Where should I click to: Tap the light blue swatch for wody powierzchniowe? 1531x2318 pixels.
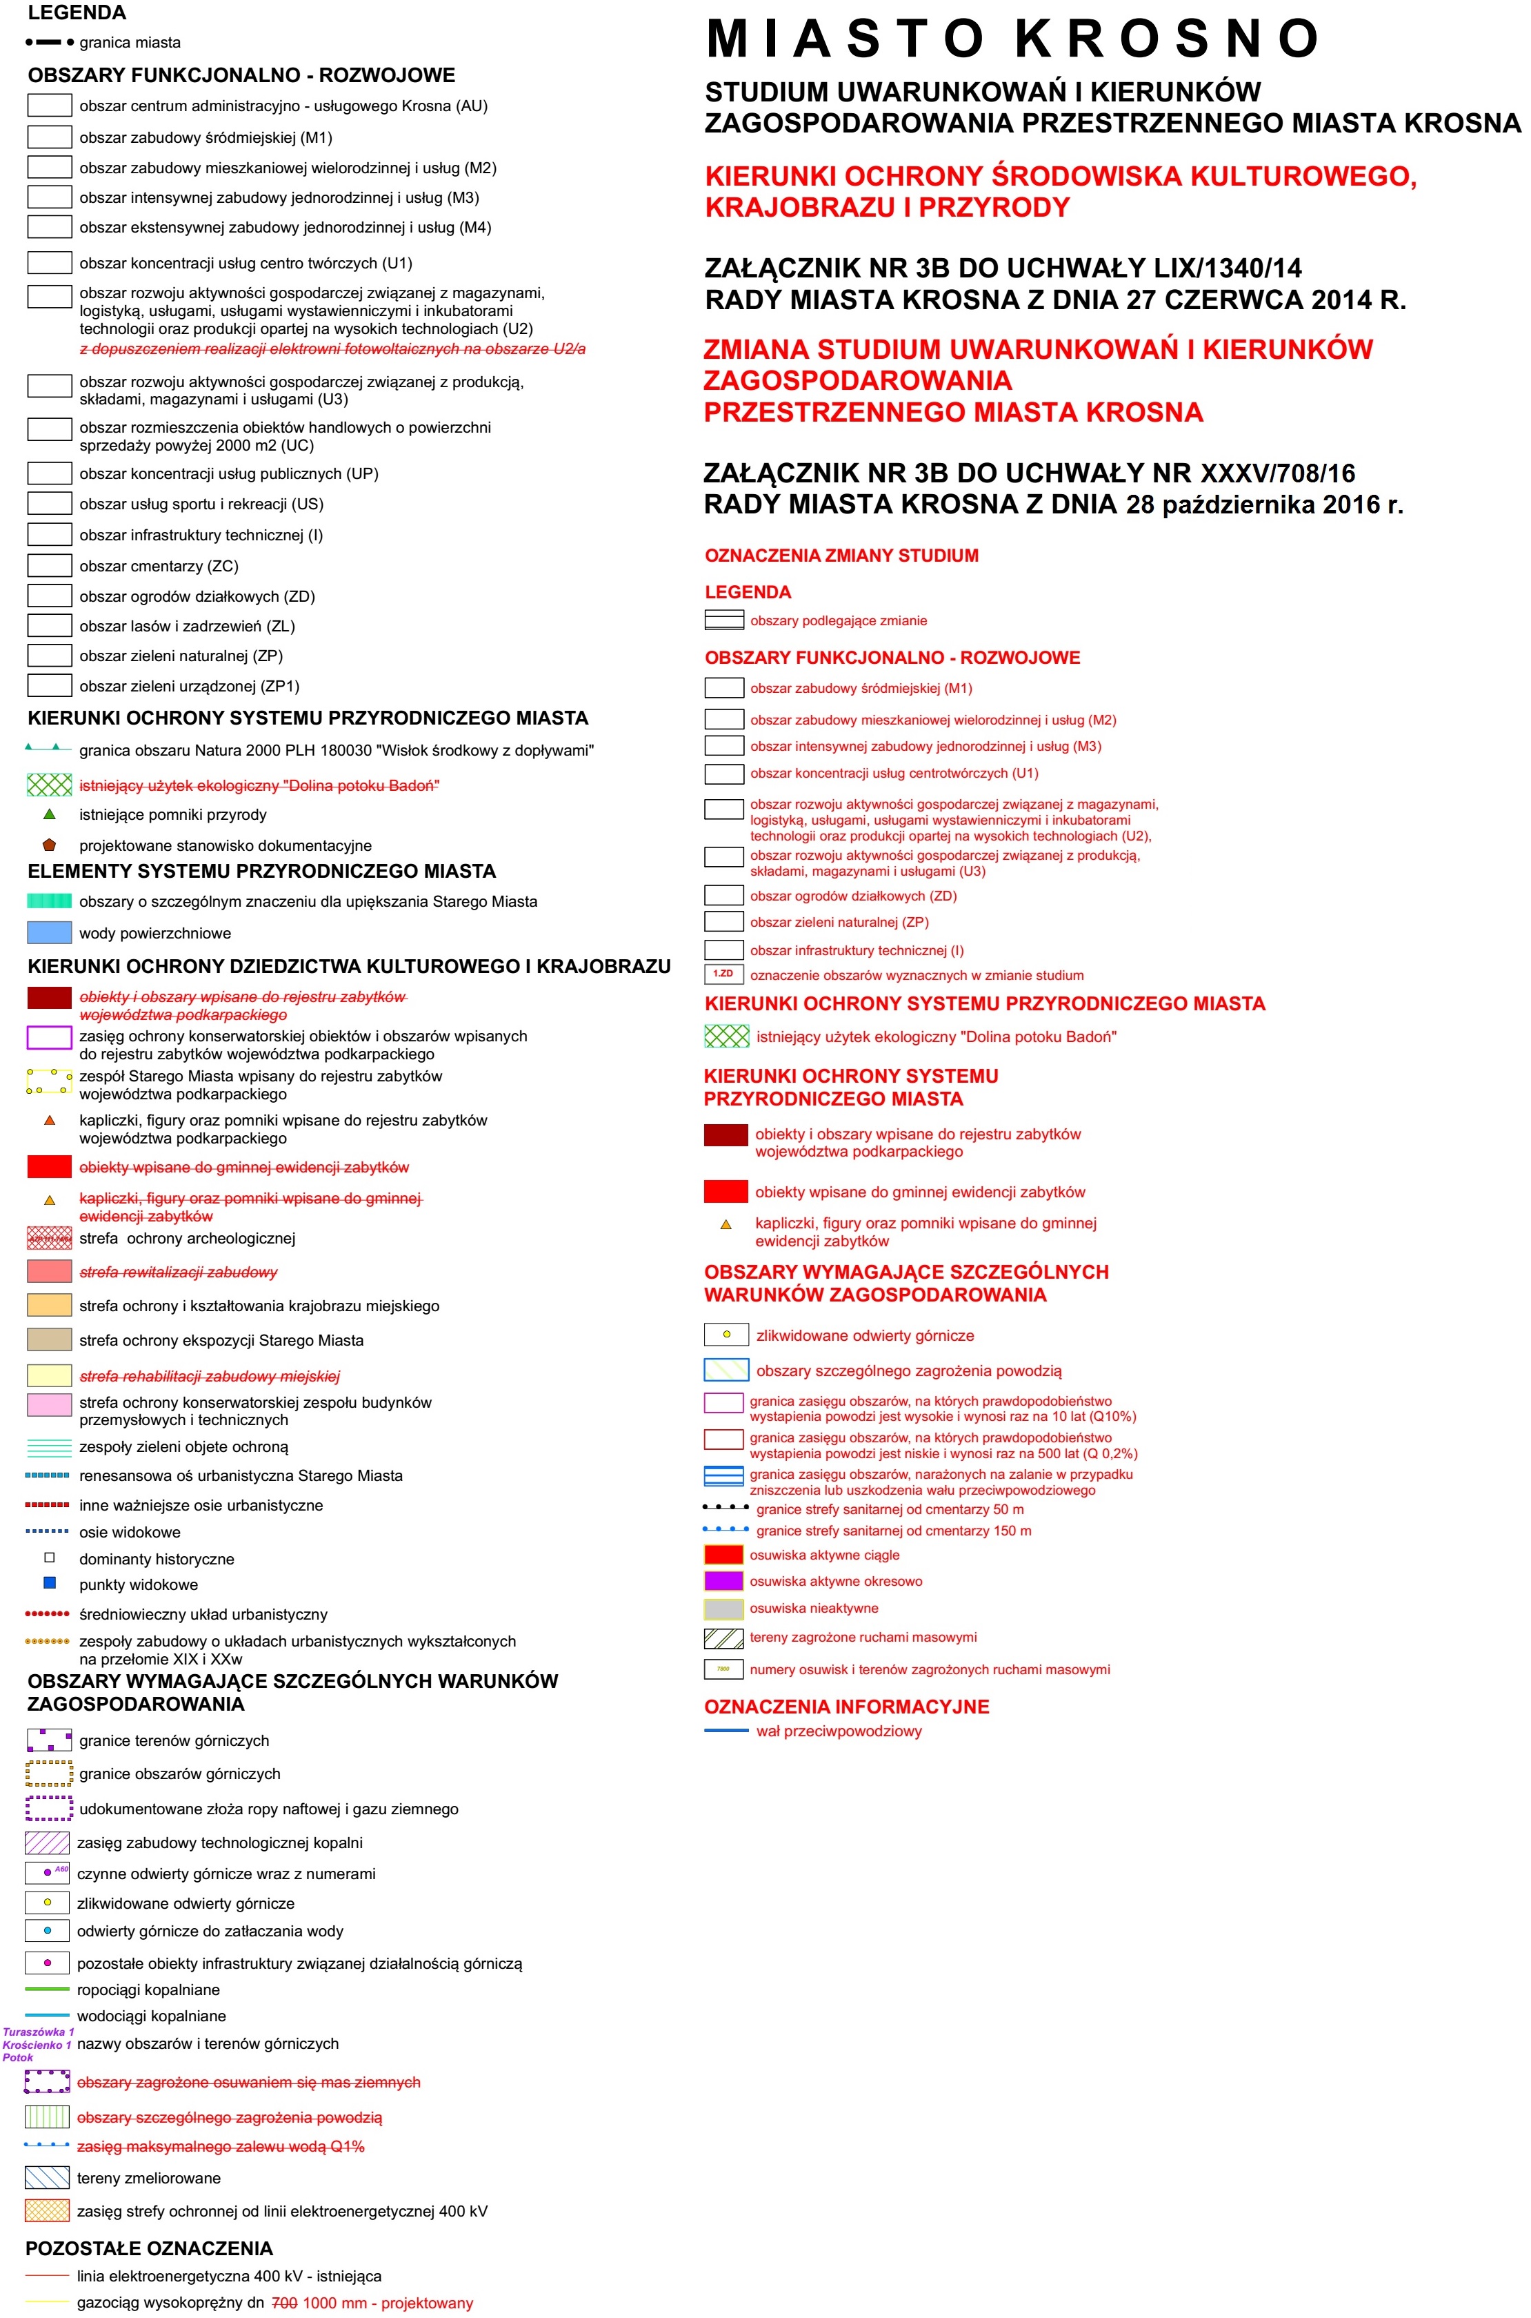pyautogui.click(x=49, y=933)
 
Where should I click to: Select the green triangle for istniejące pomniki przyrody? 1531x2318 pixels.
pyautogui.click(x=50, y=814)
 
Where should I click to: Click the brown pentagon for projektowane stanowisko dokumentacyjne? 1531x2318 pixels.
pyautogui.click(x=50, y=845)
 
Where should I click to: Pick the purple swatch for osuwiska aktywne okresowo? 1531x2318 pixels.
pyautogui.click(x=723, y=1580)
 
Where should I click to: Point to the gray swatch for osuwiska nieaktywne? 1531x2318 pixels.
pyautogui.click(x=723, y=1608)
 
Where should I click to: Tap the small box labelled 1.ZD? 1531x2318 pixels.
pyautogui.click(x=723, y=974)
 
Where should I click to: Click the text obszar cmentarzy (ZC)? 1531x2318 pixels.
pyautogui.click(x=158, y=566)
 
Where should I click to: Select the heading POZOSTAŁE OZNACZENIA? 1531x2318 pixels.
pyautogui.click(x=150, y=2248)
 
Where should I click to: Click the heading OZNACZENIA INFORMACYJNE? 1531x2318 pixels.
pyautogui.click(x=847, y=1707)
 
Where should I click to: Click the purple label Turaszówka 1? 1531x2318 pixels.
pyautogui.click(x=38, y=2032)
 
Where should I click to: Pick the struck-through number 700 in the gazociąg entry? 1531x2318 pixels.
pyautogui.click(x=284, y=2302)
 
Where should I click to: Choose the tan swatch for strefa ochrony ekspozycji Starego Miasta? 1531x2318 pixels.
pyautogui.click(x=49, y=1339)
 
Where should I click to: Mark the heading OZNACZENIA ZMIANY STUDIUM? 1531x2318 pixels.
pyautogui.click(x=841, y=556)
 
